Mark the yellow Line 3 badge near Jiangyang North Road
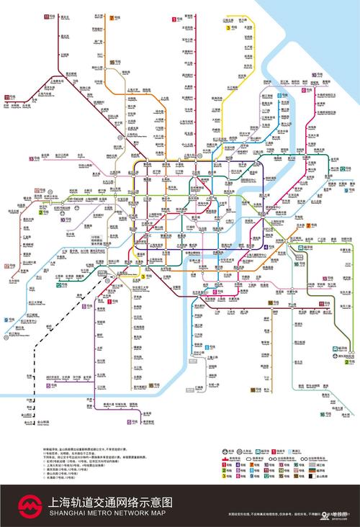click(x=230, y=28)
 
